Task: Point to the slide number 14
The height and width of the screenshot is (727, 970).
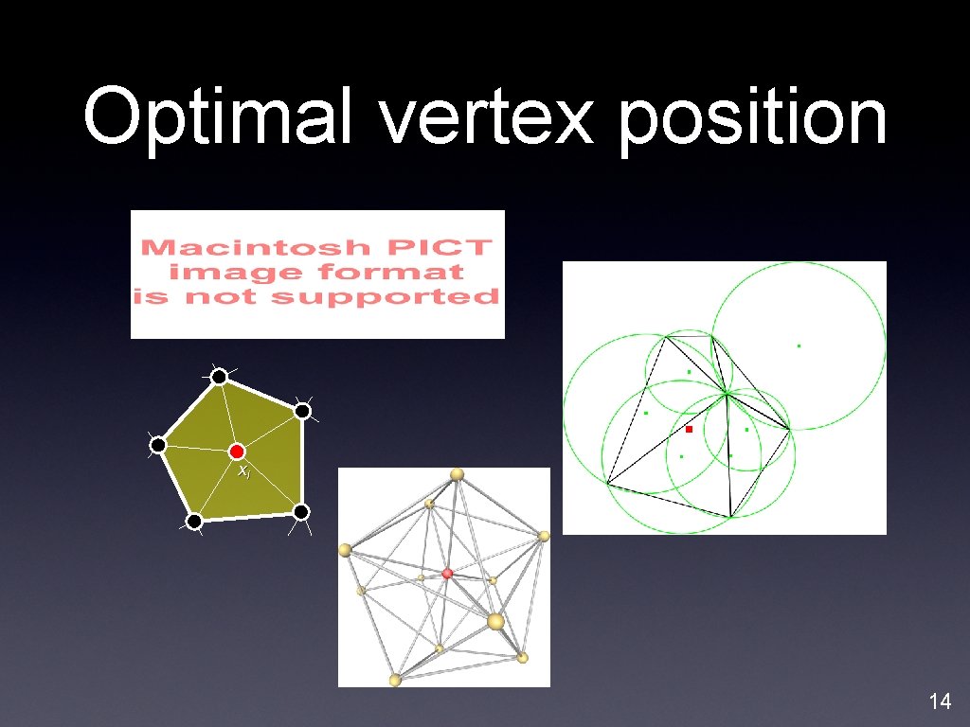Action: click(x=940, y=701)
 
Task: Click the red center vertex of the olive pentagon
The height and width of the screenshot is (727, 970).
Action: click(x=237, y=452)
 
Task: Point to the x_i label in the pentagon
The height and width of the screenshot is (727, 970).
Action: click(x=243, y=470)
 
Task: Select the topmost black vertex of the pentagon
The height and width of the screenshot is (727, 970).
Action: click(x=219, y=378)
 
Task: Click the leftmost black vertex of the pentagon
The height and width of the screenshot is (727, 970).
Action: click(x=158, y=445)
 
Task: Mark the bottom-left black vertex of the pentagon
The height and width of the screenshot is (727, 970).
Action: click(x=193, y=522)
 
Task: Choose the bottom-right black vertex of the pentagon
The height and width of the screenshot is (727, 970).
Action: click(x=300, y=512)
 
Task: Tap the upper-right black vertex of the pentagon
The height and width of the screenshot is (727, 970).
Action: click(x=302, y=411)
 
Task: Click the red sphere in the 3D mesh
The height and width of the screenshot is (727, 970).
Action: click(x=447, y=574)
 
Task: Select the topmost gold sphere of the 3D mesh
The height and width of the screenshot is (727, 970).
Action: click(x=457, y=473)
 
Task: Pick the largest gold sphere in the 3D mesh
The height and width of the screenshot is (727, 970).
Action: click(x=495, y=621)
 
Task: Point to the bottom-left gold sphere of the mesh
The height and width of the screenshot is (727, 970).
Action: click(x=395, y=680)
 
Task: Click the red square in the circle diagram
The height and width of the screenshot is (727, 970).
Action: click(x=690, y=430)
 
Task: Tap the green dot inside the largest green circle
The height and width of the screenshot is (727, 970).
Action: click(x=799, y=346)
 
